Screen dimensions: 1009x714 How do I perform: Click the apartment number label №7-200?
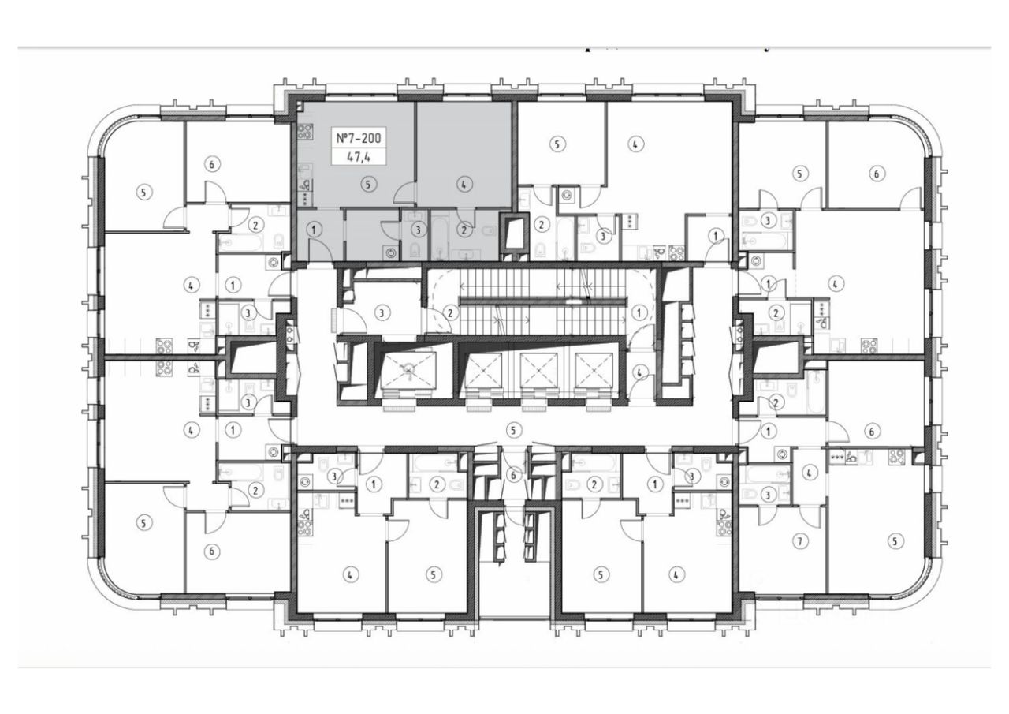(359, 139)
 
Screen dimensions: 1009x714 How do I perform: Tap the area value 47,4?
(359, 156)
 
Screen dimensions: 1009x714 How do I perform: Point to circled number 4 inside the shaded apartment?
(465, 184)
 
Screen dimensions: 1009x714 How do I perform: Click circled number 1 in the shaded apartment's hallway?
(314, 230)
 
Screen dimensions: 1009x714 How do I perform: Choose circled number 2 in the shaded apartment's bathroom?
(465, 230)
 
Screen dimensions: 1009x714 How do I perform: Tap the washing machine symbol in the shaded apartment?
(393, 252)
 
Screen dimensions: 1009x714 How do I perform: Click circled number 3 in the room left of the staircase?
(382, 313)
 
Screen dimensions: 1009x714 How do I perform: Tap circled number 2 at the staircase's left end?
(450, 313)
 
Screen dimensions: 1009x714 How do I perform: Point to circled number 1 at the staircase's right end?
(640, 313)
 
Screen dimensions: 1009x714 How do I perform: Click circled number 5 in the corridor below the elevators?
(514, 430)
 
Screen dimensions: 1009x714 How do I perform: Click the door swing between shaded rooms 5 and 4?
(405, 194)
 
